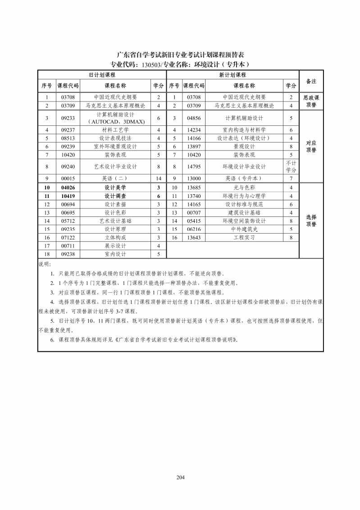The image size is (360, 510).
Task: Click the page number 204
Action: point(180,478)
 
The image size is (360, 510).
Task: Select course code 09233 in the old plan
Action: point(68,118)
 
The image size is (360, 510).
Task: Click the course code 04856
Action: point(193,118)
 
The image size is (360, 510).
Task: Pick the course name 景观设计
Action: point(244,147)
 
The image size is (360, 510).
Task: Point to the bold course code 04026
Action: point(68,188)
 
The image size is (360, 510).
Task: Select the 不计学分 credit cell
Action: point(291,166)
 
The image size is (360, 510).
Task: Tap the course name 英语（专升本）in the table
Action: point(244,179)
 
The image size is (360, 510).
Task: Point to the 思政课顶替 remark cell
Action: point(311,101)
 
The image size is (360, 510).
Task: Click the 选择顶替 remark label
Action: point(311,221)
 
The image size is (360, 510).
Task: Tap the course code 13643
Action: point(193,238)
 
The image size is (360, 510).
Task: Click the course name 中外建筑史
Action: point(244,229)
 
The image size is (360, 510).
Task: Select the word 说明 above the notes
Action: point(45,264)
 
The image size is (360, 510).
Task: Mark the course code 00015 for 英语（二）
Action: point(68,179)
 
